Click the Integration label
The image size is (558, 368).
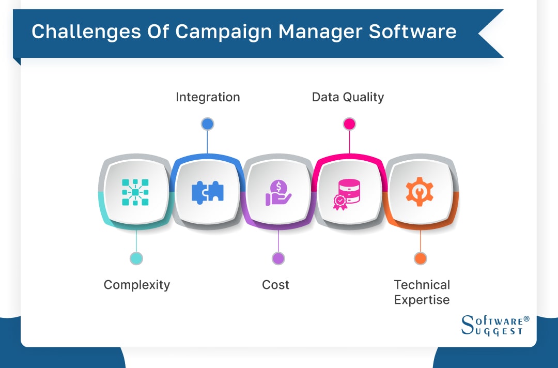[208, 97]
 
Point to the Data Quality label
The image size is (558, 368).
[348, 97]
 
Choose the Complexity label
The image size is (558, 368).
[136, 285]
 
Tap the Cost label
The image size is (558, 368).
[275, 285]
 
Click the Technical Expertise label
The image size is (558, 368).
[422, 292]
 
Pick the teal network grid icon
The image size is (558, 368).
[135, 192]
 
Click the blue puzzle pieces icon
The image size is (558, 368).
[208, 192]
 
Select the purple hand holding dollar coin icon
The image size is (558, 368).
[278, 192]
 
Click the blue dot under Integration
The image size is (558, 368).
[207, 124]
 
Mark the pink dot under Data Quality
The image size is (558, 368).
[349, 124]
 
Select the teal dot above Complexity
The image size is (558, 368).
[136, 258]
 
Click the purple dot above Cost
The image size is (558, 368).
[278, 258]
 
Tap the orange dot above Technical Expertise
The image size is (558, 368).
[421, 258]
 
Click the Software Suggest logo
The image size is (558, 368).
[494, 325]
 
